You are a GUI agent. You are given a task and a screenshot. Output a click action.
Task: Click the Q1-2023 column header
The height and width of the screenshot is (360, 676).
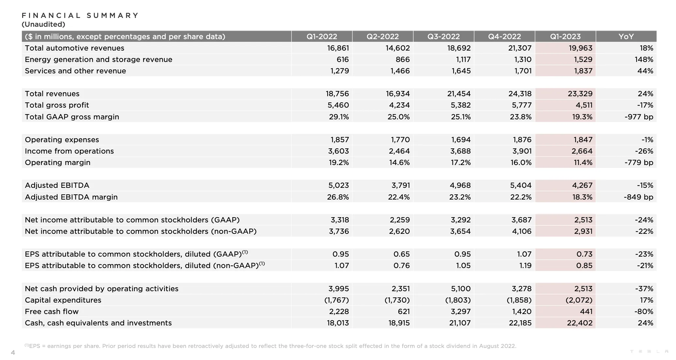565,37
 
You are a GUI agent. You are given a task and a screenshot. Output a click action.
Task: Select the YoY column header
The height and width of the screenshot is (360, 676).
626,37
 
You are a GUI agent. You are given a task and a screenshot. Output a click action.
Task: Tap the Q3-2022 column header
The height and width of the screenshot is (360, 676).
443,37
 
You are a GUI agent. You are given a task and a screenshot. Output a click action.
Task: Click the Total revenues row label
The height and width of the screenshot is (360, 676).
52,94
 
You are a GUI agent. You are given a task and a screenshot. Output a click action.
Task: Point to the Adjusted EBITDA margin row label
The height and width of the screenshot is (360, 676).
71,197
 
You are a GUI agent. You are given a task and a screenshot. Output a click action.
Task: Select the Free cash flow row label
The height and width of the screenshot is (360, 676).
52,311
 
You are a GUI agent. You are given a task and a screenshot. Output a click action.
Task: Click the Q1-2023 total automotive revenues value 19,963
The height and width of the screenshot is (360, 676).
580,48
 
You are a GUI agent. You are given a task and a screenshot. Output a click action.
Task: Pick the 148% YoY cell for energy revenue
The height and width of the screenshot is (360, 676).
644,60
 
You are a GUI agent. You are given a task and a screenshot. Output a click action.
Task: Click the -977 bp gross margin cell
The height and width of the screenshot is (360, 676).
639,117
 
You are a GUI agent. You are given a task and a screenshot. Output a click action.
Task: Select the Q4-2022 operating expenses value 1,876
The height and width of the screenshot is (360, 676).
522,140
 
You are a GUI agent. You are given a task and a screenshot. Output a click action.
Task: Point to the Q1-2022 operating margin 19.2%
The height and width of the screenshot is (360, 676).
339,162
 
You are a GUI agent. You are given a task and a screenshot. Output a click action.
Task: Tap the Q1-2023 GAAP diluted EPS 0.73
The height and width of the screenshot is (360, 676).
584,254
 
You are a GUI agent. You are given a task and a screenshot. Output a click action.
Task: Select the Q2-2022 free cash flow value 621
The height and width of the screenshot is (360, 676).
404,311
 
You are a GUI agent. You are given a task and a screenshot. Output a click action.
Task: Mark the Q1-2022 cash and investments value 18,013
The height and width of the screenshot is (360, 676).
338,323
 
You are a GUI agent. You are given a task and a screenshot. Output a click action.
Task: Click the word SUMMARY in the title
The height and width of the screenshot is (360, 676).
113,15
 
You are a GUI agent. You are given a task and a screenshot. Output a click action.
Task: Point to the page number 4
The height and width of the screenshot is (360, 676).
13,352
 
